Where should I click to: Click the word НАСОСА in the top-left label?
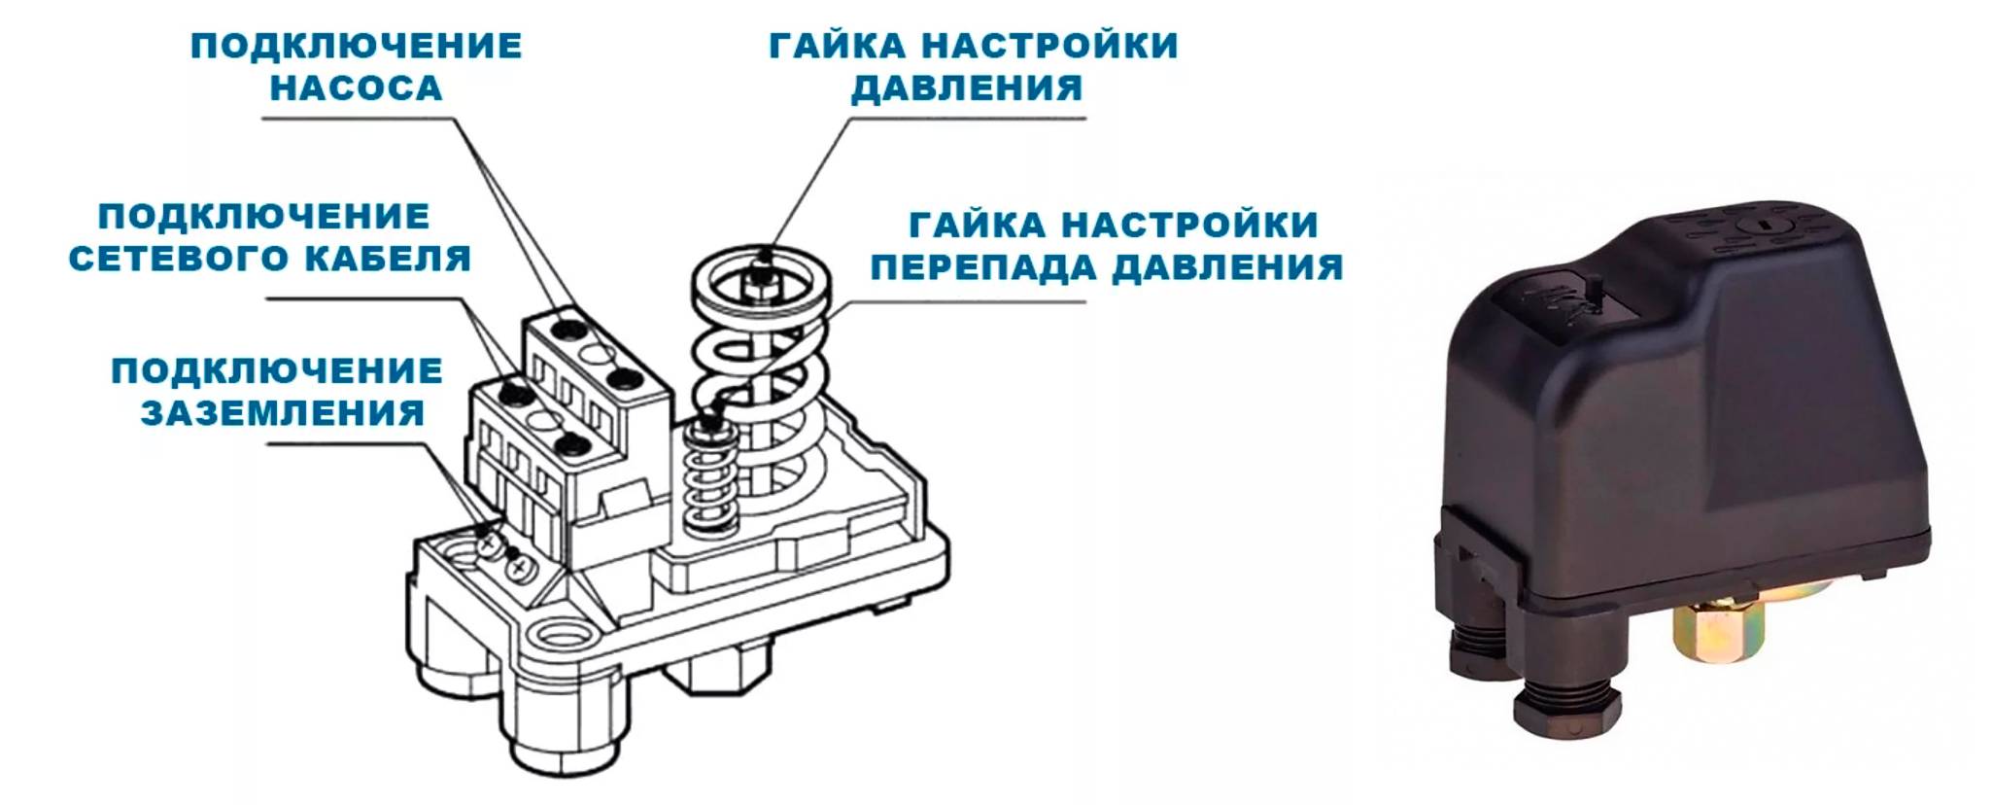point(356,88)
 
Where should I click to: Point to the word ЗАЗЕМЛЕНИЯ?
point(283,413)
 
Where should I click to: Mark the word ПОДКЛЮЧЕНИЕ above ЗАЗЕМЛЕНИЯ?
point(277,371)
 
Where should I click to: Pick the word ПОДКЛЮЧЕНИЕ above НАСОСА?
point(357,47)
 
